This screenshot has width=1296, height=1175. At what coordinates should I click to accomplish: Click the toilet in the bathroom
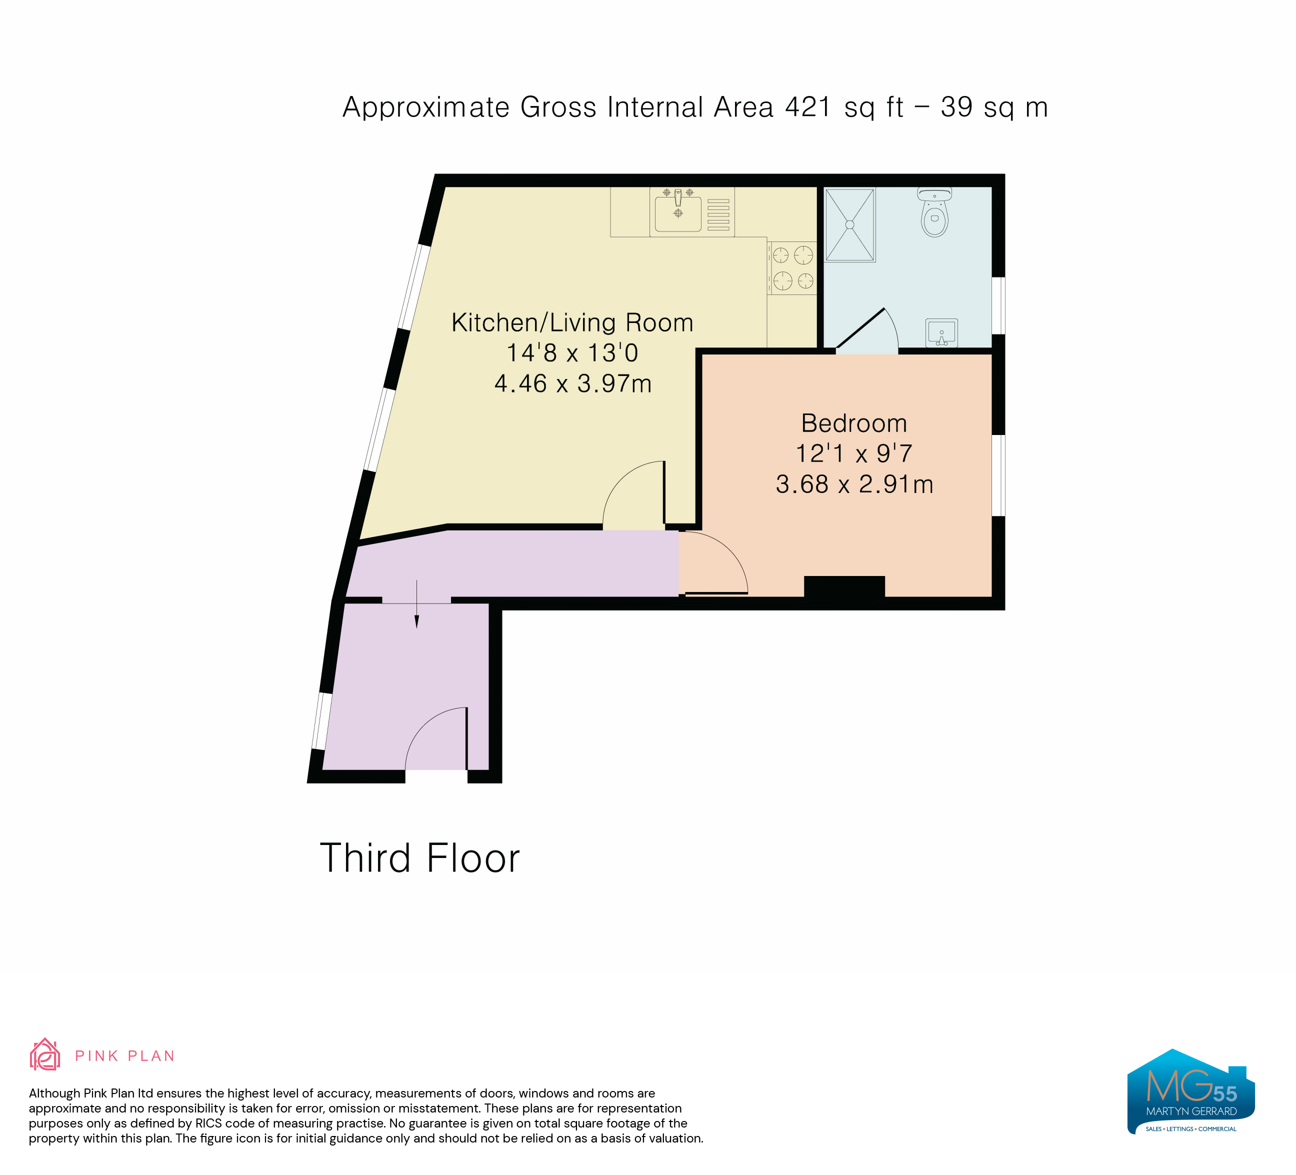click(934, 212)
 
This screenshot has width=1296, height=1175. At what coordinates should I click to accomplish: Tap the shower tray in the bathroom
click(850, 224)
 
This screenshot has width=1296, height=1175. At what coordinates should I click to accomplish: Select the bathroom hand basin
click(942, 332)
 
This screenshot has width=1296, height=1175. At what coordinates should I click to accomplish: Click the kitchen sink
click(677, 211)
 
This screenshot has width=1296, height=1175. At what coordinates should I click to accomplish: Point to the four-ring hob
click(792, 267)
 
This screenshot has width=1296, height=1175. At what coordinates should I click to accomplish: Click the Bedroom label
click(853, 423)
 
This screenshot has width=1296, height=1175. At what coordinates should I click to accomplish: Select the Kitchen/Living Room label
click(572, 322)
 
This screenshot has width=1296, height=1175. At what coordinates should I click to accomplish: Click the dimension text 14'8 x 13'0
click(572, 353)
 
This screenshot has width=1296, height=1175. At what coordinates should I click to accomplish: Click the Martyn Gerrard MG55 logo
click(1191, 1091)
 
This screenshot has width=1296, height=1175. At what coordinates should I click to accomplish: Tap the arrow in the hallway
click(416, 603)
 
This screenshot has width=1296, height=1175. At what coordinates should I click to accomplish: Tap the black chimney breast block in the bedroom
click(844, 587)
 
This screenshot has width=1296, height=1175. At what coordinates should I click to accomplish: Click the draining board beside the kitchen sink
click(718, 214)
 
